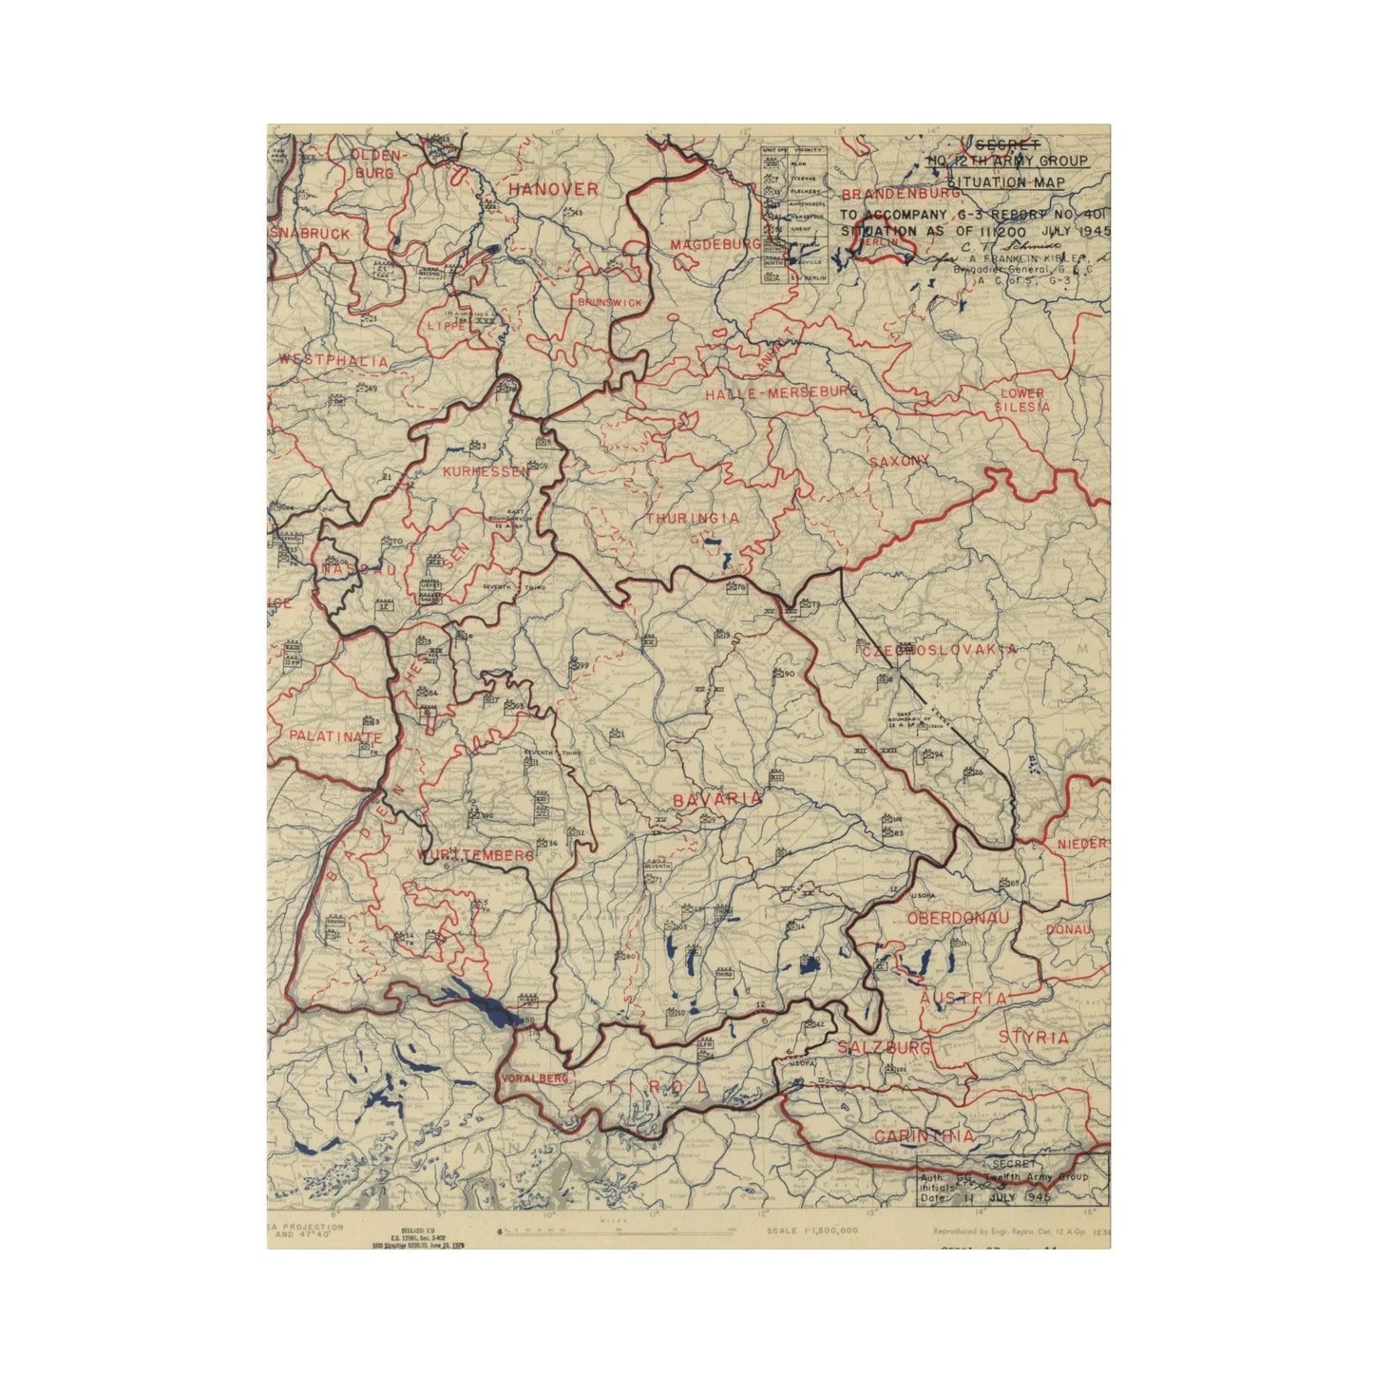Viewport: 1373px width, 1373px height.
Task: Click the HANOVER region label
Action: [552, 189]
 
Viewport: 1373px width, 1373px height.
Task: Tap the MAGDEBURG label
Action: [715, 246]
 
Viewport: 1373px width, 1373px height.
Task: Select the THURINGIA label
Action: [692, 518]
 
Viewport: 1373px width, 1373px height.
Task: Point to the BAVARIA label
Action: [716, 800]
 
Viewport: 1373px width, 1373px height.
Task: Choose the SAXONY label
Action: [898, 461]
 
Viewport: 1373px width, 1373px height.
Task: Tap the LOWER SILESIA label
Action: [1021, 400]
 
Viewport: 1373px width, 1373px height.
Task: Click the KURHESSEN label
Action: [484, 471]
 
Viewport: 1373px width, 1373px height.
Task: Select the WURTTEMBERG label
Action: [475, 855]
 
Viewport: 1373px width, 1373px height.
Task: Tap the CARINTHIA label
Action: [924, 1136]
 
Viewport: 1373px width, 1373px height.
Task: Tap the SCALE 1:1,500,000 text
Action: [811, 1230]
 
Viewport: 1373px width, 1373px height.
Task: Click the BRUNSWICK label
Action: [608, 301]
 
